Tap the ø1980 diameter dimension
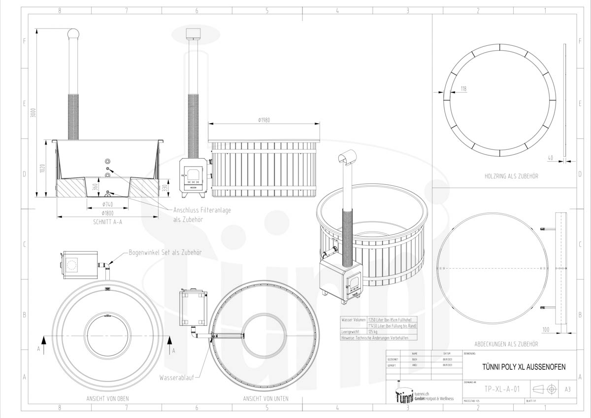tap(265, 120)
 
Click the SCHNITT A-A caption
tap(107, 222)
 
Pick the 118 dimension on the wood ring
tap(463, 89)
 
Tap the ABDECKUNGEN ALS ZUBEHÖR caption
tap(506, 344)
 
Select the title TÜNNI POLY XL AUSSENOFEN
tap(523, 367)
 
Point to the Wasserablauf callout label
tap(176, 378)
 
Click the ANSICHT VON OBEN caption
tap(108, 398)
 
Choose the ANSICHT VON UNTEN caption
tap(266, 398)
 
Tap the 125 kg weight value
tap(373, 332)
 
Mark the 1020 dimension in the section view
tap(42, 169)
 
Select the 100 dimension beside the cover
tap(545, 329)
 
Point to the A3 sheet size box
tap(567, 389)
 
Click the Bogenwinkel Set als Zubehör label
tap(165, 252)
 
